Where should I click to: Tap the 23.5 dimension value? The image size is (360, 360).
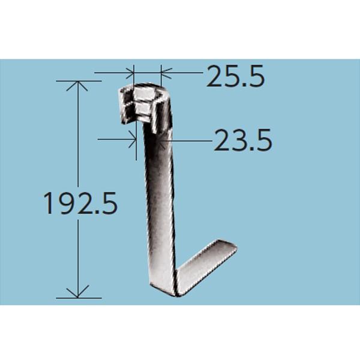click(x=243, y=142)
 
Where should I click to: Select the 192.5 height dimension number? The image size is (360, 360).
click(x=80, y=205)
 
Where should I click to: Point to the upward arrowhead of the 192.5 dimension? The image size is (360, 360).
click(x=77, y=84)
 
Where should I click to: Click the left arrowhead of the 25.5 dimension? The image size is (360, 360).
click(x=131, y=73)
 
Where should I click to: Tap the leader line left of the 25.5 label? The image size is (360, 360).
click(x=183, y=73)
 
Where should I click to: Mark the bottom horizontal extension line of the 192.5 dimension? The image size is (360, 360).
click(x=78, y=298)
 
